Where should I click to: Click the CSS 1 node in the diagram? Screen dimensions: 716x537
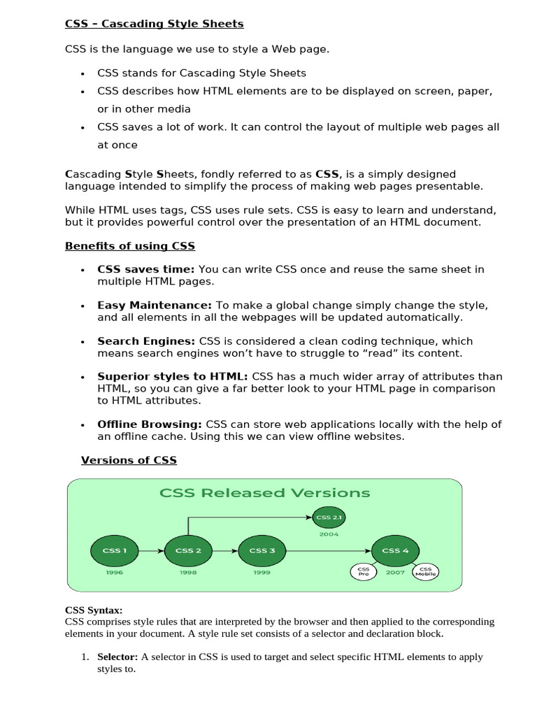115,550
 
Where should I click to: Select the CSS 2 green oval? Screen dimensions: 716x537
188,550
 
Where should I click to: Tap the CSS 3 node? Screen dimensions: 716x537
262,550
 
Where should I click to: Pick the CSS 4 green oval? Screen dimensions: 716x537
395,550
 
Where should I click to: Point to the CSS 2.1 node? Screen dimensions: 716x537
329,517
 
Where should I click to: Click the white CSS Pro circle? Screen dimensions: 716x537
364,571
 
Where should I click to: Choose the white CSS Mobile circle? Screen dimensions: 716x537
426,571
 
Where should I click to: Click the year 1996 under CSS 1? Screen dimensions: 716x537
115,572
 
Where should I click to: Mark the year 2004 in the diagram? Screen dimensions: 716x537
329,534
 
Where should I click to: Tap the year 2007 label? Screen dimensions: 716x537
395,572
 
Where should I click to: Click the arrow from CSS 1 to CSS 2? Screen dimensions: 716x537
151,551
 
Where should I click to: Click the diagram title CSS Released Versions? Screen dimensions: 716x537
265,492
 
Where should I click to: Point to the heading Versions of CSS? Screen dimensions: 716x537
129,460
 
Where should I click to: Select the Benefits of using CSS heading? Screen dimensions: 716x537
130,246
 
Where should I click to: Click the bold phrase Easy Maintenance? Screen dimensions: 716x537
155,306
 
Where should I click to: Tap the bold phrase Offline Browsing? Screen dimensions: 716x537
150,424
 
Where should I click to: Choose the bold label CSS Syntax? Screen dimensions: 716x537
94,610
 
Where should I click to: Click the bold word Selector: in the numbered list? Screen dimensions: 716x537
117,657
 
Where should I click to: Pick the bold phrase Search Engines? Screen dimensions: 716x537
146,341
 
